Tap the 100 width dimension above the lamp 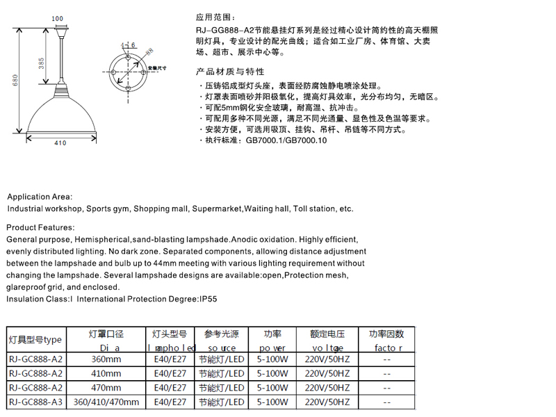(58, 18)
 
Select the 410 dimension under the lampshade (60, 143)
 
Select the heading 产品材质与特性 (230, 72)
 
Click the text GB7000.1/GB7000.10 (286, 140)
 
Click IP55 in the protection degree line (208, 299)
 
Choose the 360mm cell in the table (107, 359)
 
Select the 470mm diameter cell (107, 387)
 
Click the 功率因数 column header (386, 334)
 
